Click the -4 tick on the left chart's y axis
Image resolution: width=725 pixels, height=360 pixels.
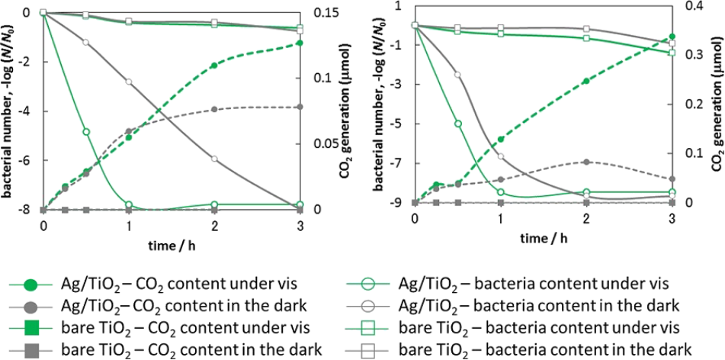[x=26, y=111]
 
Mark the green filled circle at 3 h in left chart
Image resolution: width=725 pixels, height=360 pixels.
[x=300, y=43]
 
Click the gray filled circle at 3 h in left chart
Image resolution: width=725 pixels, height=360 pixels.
[x=300, y=107]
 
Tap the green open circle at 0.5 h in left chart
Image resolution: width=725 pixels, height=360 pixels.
[x=86, y=132]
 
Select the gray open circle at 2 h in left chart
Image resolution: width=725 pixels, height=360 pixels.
[x=214, y=159]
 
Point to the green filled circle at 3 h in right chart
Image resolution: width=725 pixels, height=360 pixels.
[x=672, y=37]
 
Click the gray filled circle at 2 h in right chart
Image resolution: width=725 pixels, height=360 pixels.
[x=585, y=162]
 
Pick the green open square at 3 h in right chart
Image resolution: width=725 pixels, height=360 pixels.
[x=672, y=53]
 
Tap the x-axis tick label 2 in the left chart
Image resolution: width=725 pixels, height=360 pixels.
[x=214, y=227]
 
